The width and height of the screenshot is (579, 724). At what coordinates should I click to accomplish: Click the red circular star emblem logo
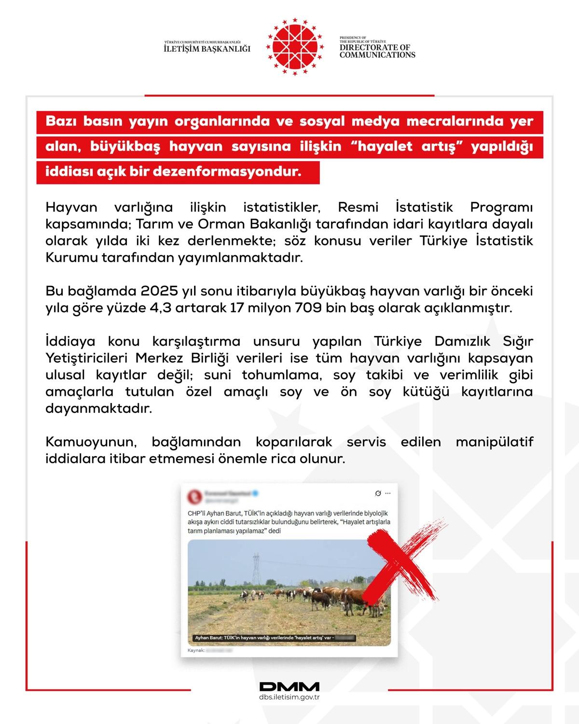click(295, 47)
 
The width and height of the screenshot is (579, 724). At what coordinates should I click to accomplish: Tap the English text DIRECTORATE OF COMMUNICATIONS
click(377, 51)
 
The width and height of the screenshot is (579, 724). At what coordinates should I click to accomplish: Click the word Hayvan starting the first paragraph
click(71, 208)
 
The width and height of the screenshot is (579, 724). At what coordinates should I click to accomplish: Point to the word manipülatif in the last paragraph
click(495, 442)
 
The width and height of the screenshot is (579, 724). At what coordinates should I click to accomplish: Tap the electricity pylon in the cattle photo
click(255, 570)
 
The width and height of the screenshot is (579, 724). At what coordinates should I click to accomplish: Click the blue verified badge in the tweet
click(256, 494)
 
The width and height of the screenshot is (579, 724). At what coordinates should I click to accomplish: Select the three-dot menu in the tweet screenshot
click(388, 494)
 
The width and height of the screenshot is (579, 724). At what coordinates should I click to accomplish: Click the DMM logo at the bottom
click(289, 687)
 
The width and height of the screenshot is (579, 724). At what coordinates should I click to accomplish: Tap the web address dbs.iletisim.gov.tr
click(289, 697)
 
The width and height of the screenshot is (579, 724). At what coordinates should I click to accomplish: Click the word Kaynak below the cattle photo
click(195, 651)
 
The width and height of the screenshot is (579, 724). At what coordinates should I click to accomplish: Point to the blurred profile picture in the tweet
click(194, 496)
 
